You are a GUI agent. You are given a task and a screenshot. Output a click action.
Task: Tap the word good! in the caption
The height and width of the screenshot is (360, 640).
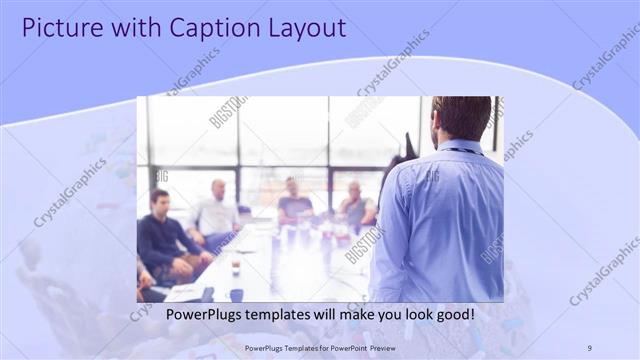(x=453, y=315)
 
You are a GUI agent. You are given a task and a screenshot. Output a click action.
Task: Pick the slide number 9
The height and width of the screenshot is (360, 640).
(x=589, y=347)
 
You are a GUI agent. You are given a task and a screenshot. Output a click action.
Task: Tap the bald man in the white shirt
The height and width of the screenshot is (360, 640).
(x=217, y=212)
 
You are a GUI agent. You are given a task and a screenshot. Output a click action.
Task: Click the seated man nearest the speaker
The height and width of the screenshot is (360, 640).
(x=356, y=206)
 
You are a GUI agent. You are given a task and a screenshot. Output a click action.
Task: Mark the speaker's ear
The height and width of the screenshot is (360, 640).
(x=440, y=122)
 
